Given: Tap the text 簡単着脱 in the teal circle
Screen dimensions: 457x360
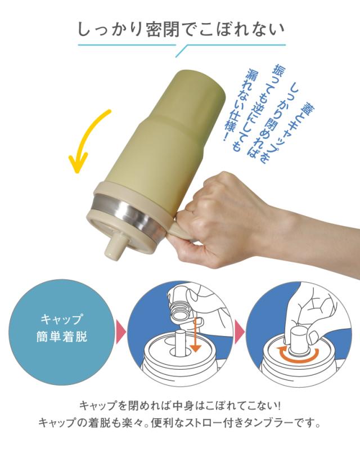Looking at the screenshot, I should pyautogui.click(x=62, y=339).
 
